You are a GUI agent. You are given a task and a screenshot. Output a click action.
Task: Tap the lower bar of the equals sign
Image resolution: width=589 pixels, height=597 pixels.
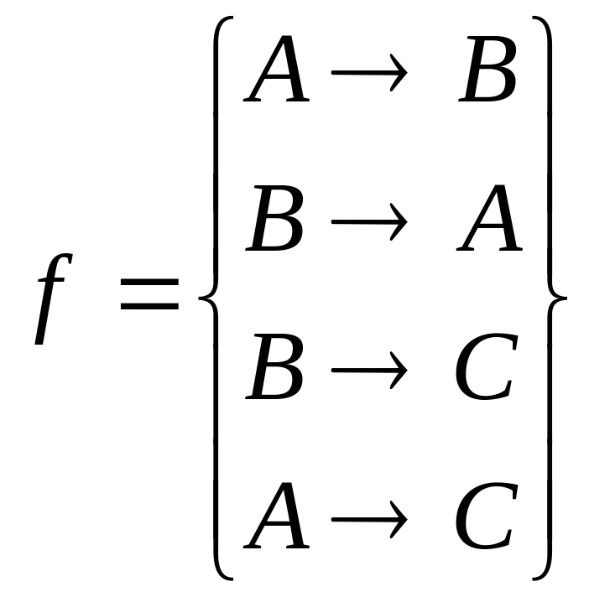coord(149,306)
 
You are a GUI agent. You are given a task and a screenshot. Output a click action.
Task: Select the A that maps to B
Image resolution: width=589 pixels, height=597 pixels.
coord(278,75)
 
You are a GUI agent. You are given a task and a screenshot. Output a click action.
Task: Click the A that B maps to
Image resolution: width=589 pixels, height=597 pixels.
coord(491,223)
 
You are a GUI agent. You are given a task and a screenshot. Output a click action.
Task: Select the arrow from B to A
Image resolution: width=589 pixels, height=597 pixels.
coord(369,223)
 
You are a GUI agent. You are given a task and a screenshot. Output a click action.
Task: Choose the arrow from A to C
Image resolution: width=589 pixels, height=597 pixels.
coord(369,518)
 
